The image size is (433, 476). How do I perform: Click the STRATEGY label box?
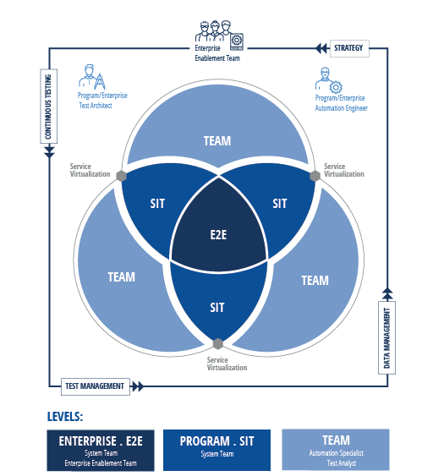tap(349, 48)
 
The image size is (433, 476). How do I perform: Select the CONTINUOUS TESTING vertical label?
tap(48, 107)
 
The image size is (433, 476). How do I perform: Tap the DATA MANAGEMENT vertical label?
tap(386, 337)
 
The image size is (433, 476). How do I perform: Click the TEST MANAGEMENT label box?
tap(96, 386)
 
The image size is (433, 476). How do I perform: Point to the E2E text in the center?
tap(218, 235)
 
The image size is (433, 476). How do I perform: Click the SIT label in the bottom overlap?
tap(217, 308)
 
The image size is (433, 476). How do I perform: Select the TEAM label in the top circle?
tap(217, 141)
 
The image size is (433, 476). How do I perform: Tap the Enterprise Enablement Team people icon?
tap(219, 35)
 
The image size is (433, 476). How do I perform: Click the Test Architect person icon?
tap(91, 77)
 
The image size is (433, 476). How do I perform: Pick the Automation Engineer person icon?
tap(328, 80)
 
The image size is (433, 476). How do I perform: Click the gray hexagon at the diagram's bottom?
tap(217, 344)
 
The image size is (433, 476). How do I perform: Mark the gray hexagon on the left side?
tap(121, 176)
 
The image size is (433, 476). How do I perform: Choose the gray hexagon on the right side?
tap(315, 176)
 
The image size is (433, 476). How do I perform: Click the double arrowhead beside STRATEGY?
tap(321, 48)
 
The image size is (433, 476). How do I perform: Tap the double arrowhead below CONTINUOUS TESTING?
tap(49, 152)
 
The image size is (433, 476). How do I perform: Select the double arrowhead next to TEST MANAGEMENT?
tap(138, 386)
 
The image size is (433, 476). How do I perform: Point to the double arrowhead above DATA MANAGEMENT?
tap(387, 293)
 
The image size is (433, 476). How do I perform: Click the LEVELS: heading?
tap(65, 417)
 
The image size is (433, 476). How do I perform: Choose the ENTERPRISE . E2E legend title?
tap(101, 441)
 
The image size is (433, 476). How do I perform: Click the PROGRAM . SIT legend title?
tap(216, 441)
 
